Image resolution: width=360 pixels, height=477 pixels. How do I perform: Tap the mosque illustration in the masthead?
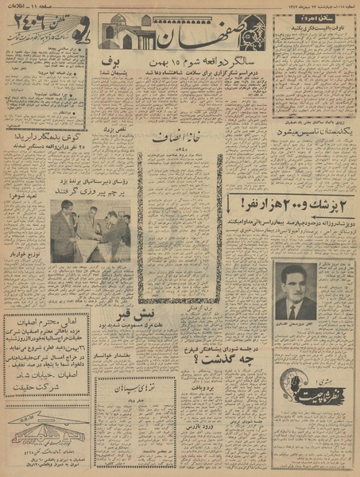coord(126,32)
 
